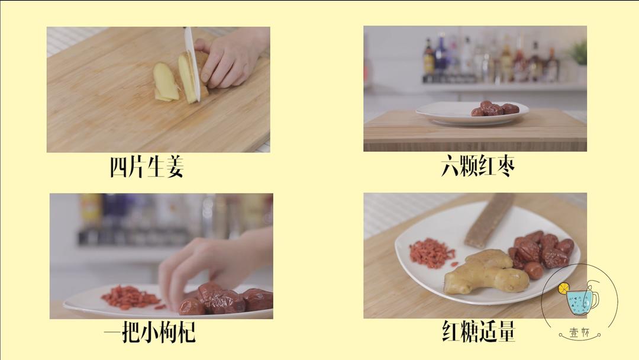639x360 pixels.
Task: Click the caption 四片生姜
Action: point(147,167)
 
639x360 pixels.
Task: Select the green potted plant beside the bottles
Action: point(578,54)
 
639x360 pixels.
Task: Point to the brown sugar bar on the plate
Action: point(489,219)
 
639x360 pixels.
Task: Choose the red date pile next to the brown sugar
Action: point(540,251)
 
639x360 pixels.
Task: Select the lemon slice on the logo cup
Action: point(564,288)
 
